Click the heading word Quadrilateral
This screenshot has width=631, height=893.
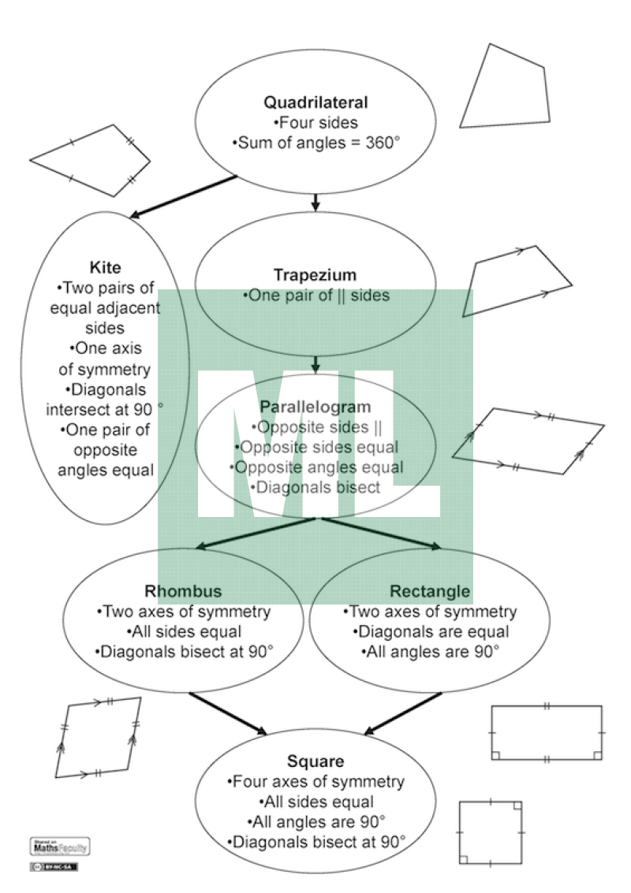coord(315,102)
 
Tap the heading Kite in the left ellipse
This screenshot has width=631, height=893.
coord(106,267)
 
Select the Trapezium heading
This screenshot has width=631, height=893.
coord(315,275)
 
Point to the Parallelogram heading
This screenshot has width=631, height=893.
coord(315,407)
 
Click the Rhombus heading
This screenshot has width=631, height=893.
coord(183,591)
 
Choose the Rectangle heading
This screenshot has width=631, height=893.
coord(430,591)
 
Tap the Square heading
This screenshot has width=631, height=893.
coord(315,761)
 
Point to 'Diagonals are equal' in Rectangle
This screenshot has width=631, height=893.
coord(431,631)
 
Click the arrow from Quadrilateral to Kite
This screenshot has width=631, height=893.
coord(183,196)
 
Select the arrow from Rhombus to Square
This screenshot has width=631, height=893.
coord(229,713)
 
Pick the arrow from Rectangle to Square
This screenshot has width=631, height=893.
coord(402,713)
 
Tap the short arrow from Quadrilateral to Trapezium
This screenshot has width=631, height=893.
coord(315,202)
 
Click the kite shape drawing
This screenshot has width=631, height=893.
coord(90,162)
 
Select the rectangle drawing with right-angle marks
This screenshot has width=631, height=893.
coord(546,733)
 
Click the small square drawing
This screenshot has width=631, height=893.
coord(491,832)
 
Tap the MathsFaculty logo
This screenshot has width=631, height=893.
coord(59,846)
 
